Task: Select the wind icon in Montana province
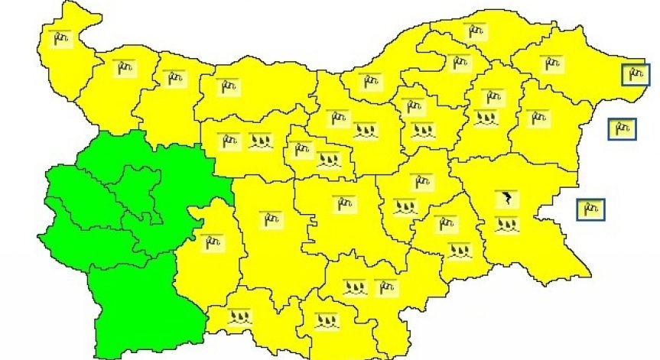(122, 68)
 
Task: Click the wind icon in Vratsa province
(175, 77)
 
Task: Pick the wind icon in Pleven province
(228, 86)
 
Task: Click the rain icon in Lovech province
(258, 141)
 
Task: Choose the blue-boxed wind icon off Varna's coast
(622, 128)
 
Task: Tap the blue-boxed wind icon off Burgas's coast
(590, 208)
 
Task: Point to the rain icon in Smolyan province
(239, 315)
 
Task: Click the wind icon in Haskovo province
(387, 287)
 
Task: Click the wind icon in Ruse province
(370, 80)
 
